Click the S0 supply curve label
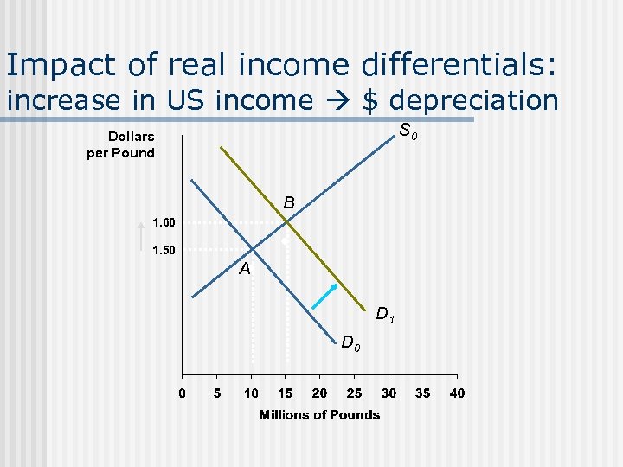[409, 132]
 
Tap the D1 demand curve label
[385, 315]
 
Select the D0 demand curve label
[350, 343]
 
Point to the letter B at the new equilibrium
[289, 203]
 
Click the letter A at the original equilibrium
[245, 269]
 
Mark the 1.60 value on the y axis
[164, 223]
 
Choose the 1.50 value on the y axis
[164, 251]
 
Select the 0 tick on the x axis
[182, 393]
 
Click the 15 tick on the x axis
[285, 393]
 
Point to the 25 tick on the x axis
[354, 393]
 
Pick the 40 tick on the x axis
[457, 393]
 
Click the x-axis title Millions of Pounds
[319, 415]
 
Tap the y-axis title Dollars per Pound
[120, 144]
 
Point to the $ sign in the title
[370, 100]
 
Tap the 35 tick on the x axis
[422, 393]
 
